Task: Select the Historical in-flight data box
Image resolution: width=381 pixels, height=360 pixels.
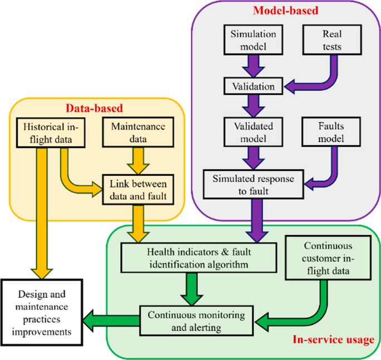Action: (x=50, y=131)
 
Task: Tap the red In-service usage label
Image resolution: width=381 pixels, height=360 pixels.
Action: (x=333, y=339)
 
